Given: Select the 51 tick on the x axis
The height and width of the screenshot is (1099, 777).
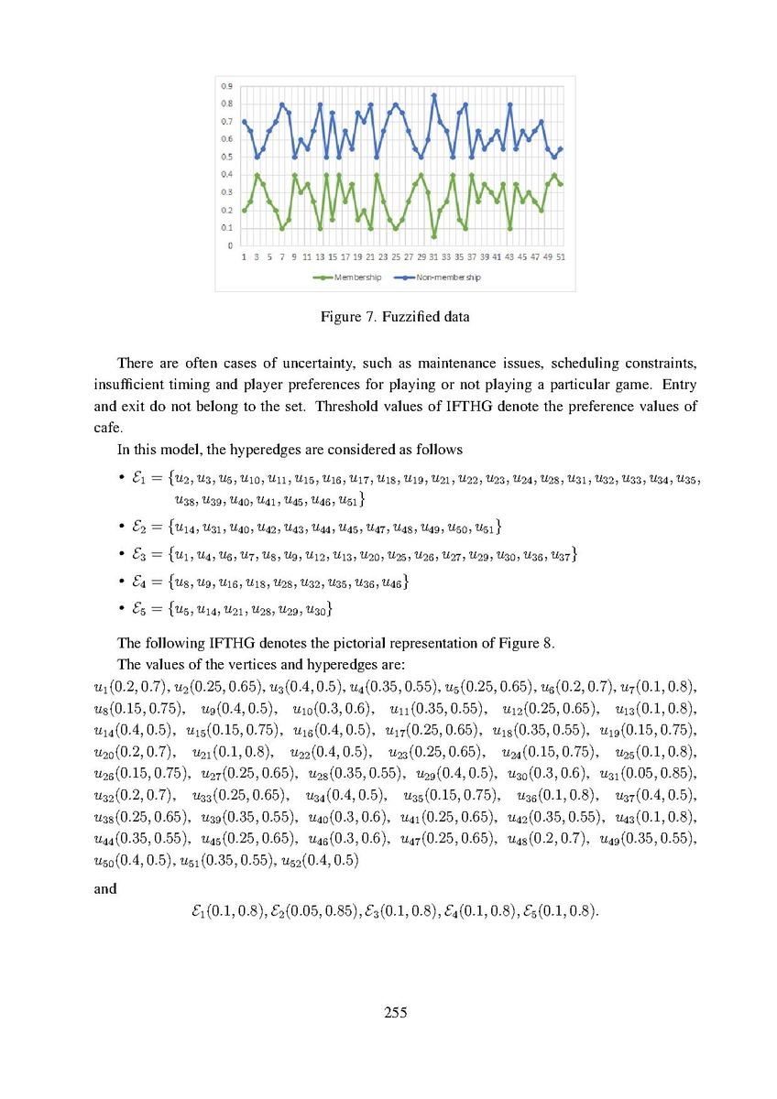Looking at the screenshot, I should point(560,257).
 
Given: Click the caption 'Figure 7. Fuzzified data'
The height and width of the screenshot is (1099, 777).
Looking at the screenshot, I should point(394,318).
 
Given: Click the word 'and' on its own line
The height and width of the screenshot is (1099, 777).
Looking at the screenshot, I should point(105,887).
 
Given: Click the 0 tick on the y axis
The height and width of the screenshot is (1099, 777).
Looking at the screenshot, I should point(229,245).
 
